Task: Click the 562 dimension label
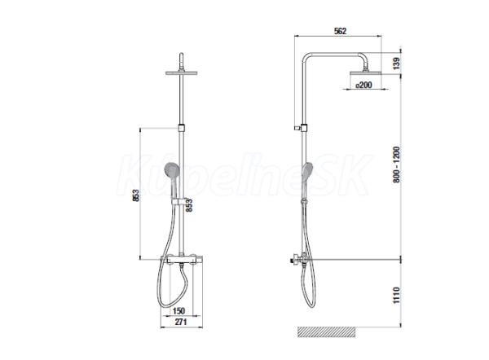pos(340,31)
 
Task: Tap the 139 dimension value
pos(396,64)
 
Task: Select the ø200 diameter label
pos(363,85)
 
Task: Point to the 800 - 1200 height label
pos(396,165)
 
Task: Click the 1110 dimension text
pos(396,295)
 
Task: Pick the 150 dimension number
pos(178,311)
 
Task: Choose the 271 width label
pos(181,322)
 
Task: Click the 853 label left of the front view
pos(136,195)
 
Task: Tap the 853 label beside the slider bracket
pos(189,205)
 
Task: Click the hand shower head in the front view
pos(172,170)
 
